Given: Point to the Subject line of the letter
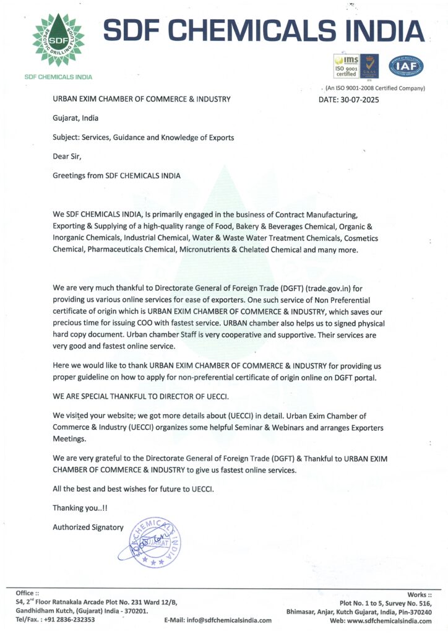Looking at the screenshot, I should pos(144,137).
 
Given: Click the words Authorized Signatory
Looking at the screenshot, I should pos(88,528).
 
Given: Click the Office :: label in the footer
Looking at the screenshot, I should pos(27,593).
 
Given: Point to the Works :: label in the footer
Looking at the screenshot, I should pos(420,594).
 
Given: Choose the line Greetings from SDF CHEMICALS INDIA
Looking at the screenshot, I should pos(117,175).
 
